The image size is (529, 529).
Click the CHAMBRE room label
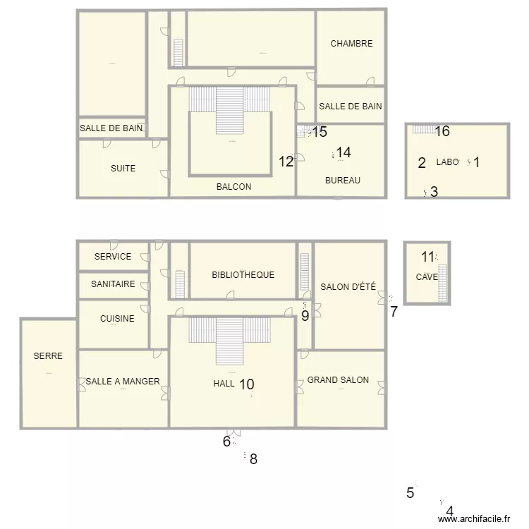(x=351, y=44)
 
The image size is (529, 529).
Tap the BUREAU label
(x=343, y=181)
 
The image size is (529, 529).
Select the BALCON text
(x=233, y=187)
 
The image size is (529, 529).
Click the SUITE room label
(x=123, y=169)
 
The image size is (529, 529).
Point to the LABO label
(x=447, y=162)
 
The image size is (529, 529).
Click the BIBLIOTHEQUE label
(x=243, y=275)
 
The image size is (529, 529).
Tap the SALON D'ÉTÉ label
(x=348, y=286)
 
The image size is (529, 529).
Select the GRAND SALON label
(x=338, y=380)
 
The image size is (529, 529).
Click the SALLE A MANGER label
(x=123, y=382)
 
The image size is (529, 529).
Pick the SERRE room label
(x=48, y=356)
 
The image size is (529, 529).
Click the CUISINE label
(x=117, y=319)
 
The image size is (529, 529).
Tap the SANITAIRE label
(x=113, y=284)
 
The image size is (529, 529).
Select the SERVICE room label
(x=113, y=257)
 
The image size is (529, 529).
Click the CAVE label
(x=427, y=277)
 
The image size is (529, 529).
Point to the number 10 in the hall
(x=246, y=384)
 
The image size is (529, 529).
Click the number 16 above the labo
(x=442, y=131)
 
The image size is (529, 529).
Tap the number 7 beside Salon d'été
(x=394, y=311)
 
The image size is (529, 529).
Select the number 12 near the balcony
(x=286, y=162)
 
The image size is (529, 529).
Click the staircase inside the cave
(x=443, y=282)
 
